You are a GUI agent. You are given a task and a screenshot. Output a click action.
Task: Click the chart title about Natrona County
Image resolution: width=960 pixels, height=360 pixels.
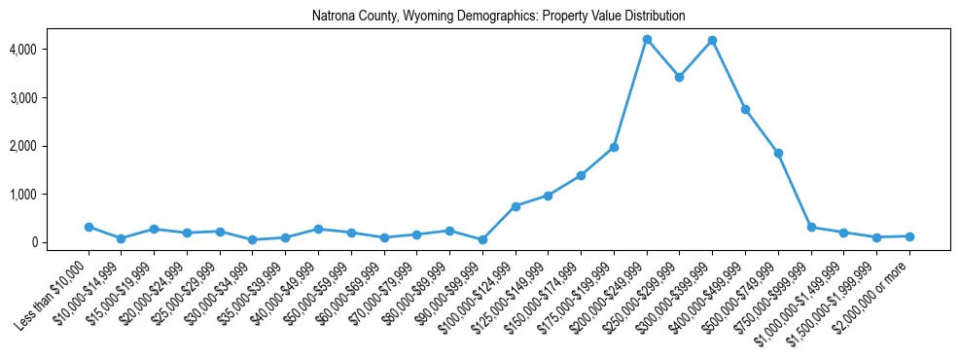pyautogui.click(x=499, y=17)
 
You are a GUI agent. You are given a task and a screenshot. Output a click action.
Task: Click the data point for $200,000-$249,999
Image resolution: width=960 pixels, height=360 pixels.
pyautogui.click(x=647, y=39)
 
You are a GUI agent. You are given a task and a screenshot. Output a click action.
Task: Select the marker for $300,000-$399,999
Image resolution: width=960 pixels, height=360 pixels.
pyautogui.click(x=713, y=40)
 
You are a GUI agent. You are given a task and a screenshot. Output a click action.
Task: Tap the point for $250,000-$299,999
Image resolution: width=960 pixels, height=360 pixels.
pyautogui.click(x=680, y=77)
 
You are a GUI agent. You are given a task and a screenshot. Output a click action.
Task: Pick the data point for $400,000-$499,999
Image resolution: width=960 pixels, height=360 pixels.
pyautogui.click(x=746, y=109)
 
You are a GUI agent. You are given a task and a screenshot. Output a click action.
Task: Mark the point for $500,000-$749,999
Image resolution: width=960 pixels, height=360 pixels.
pyautogui.click(x=778, y=153)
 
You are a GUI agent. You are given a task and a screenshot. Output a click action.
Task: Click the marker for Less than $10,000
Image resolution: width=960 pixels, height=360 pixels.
pyautogui.click(x=89, y=227)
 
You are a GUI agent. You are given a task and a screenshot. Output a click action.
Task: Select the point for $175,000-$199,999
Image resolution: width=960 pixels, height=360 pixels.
pyautogui.click(x=614, y=147)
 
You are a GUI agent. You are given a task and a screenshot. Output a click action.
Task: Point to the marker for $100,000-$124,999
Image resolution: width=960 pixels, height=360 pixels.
pyautogui.click(x=516, y=206)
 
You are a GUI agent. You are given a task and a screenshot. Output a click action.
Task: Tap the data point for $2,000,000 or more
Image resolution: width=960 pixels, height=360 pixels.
pyautogui.click(x=909, y=236)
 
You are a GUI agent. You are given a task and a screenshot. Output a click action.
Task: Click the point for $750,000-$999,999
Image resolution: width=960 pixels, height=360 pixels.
pyautogui.click(x=811, y=227)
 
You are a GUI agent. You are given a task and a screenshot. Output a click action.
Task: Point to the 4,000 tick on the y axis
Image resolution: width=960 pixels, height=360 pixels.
pyautogui.click(x=51, y=50)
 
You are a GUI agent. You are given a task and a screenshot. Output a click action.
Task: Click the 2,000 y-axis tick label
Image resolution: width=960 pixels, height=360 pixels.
pyautogui.click(x=51, y=146)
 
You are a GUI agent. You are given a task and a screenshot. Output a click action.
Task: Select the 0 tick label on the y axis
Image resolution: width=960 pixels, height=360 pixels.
pyautogui.click(x=60, y=242)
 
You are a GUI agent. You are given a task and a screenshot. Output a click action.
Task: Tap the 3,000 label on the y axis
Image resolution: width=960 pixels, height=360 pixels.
pyautogui.click(x=51, y=98)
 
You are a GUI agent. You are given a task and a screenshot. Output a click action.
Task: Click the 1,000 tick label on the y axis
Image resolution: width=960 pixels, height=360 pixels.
pyautogui.click(x=51, y=195)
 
